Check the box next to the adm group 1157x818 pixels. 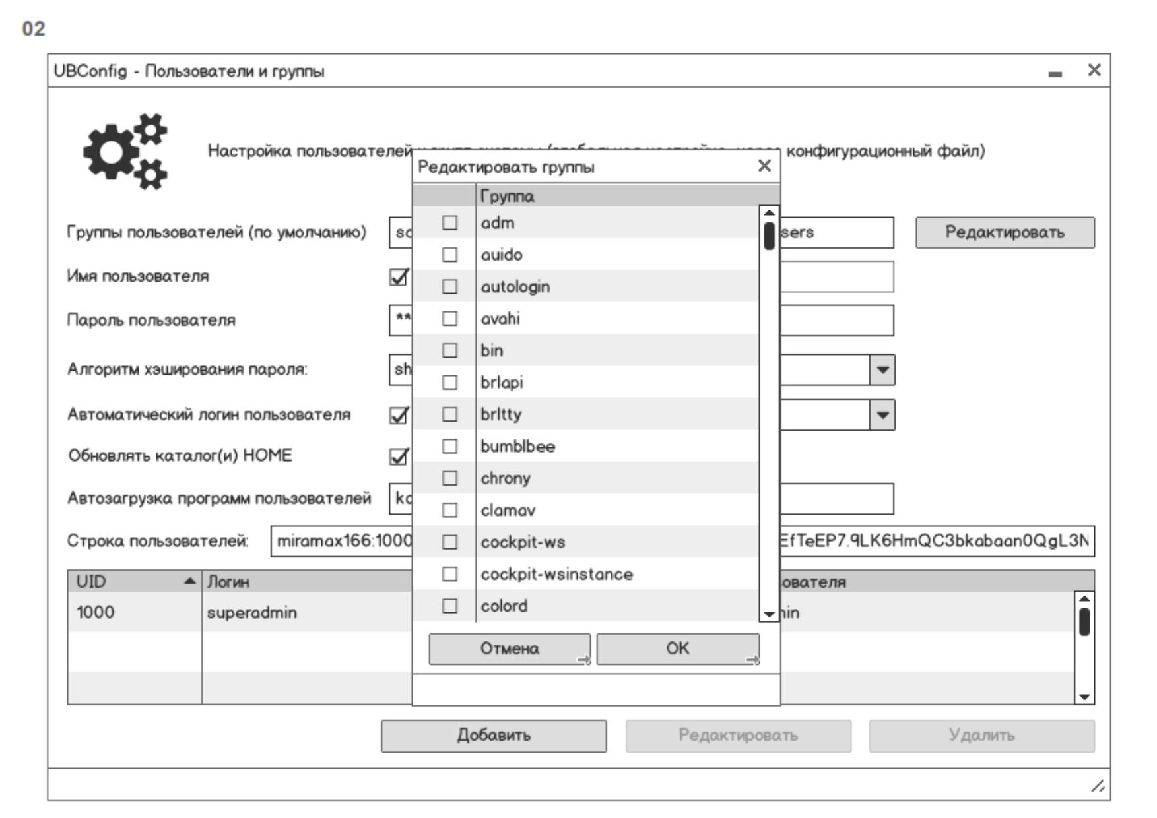click(x=449, y=223)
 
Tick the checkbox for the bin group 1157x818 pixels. click(x=449, y=350)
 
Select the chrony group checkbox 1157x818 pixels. click(x=449, y=478)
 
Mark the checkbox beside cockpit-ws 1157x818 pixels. click(x=449, y=542)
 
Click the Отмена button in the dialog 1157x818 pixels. click(x=510, y=649)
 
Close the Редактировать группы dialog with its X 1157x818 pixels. click(x=764, y=166)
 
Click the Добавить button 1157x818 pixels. click(x=494, y=736)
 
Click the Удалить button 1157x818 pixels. click(x=981, y=736)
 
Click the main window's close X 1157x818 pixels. click(x=1094, y=70)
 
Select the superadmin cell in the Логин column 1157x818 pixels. click(x=252, y=613)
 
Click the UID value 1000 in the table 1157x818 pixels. click(x=96, y=613)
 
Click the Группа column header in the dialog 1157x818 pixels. click(x=507, y=196)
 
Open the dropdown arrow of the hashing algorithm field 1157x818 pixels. click(x=882, y=370)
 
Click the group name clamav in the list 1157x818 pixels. click(x=508, y=511)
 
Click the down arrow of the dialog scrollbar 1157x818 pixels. click(x=769, y=613)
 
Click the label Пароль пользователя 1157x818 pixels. click(x=151, y=321)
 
